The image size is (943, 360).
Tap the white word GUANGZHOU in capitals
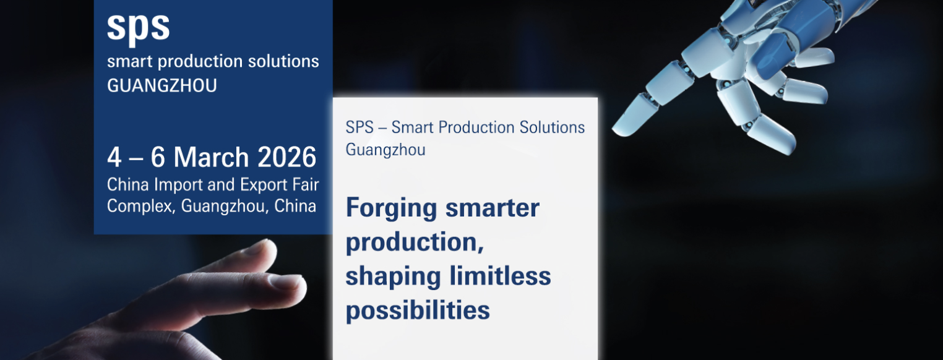pos(162,86)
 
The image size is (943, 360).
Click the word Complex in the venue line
pos(140,206)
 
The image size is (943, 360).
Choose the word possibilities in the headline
pos(418,309)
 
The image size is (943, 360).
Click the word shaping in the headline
pos(390,276)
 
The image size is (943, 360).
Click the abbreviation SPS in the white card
pos(360,127)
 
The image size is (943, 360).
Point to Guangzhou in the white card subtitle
pos(385,150)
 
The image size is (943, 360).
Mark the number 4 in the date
pos(114,158)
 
